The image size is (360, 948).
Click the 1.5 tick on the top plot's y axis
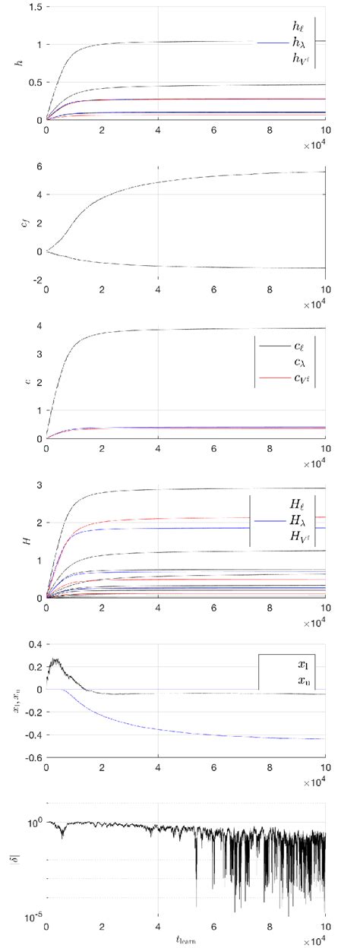click(x=33, y=7)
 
